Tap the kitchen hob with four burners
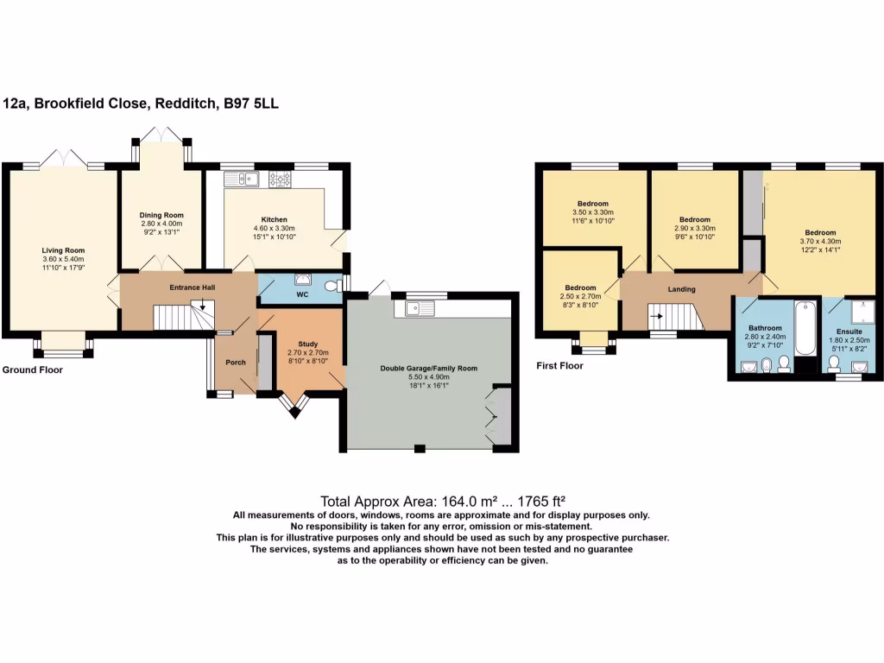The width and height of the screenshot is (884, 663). (280, 180)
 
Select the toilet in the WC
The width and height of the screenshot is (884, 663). (331, 285)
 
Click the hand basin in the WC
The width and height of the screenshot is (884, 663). (304, 279)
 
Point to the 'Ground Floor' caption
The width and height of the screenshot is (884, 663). (32, 369)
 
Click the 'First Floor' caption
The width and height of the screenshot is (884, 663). (559, 365)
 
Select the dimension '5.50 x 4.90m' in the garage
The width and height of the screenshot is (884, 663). (429, 378)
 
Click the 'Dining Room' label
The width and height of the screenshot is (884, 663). (161, 215)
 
